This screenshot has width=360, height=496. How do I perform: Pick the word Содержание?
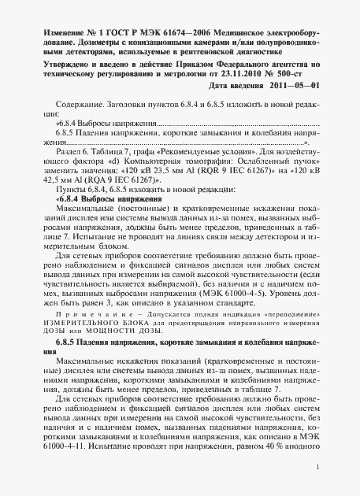coord(76,103)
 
